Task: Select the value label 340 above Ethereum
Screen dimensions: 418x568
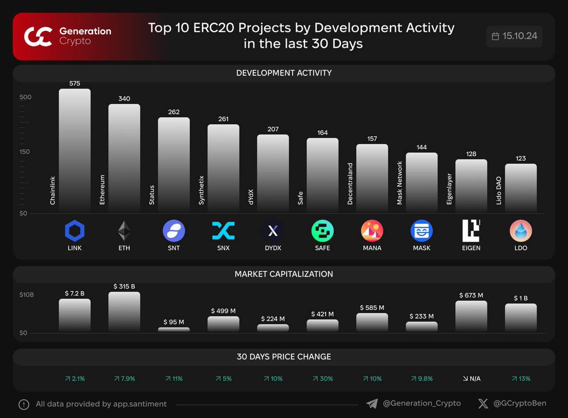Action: tap(124, 98)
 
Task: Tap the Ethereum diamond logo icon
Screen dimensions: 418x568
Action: tap(124, 231)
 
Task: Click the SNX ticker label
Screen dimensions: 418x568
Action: tap(223, 248)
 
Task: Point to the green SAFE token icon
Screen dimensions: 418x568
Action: tap(322, 231)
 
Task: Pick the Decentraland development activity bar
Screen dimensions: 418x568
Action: tap(372, 178)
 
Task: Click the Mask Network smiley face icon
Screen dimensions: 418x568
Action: tap(421, 231)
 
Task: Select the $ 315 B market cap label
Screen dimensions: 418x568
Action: tap(124, 286)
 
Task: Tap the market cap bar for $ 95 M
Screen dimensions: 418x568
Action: tap(174, 329)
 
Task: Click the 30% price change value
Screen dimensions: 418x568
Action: tap(322, 379)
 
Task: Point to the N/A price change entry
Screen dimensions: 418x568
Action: tap(471, 379)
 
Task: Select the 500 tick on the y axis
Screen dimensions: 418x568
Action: tap(25, 97)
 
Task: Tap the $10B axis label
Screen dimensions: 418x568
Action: tap(27, 295)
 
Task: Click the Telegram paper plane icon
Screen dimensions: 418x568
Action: tap(372, 404)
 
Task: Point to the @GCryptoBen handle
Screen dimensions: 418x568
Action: tap(519, 404)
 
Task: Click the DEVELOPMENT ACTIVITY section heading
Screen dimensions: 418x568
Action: tap(284, 73)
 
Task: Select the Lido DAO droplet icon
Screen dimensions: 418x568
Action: tap(521, 231)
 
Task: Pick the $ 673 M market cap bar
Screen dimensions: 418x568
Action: tap(471, 316)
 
